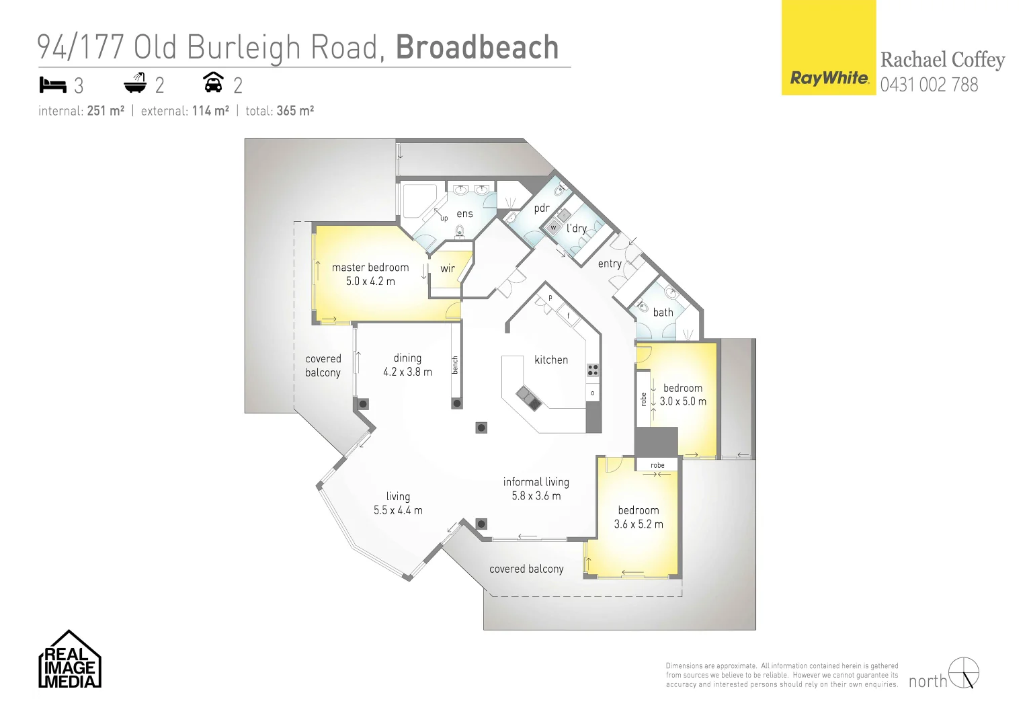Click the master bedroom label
(370, 268)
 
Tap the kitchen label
(551, 360)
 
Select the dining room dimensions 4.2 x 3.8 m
(407, 372)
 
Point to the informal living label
(536, 482)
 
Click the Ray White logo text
(829, 78)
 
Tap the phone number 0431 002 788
(929, 85)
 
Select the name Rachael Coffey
(942, 60)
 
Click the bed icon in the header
(53, 85)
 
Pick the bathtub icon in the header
(135, 83)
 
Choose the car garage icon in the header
(213, 83)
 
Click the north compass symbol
(964, 673)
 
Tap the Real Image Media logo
(69, 660)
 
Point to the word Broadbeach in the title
(477, 47)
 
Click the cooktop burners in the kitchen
(593, 370)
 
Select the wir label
(448, 269)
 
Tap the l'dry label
(576, 229)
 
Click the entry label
(610, 264)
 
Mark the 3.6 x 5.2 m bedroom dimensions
(638, 524)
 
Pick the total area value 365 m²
(295, 111)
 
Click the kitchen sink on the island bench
(529, 398)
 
